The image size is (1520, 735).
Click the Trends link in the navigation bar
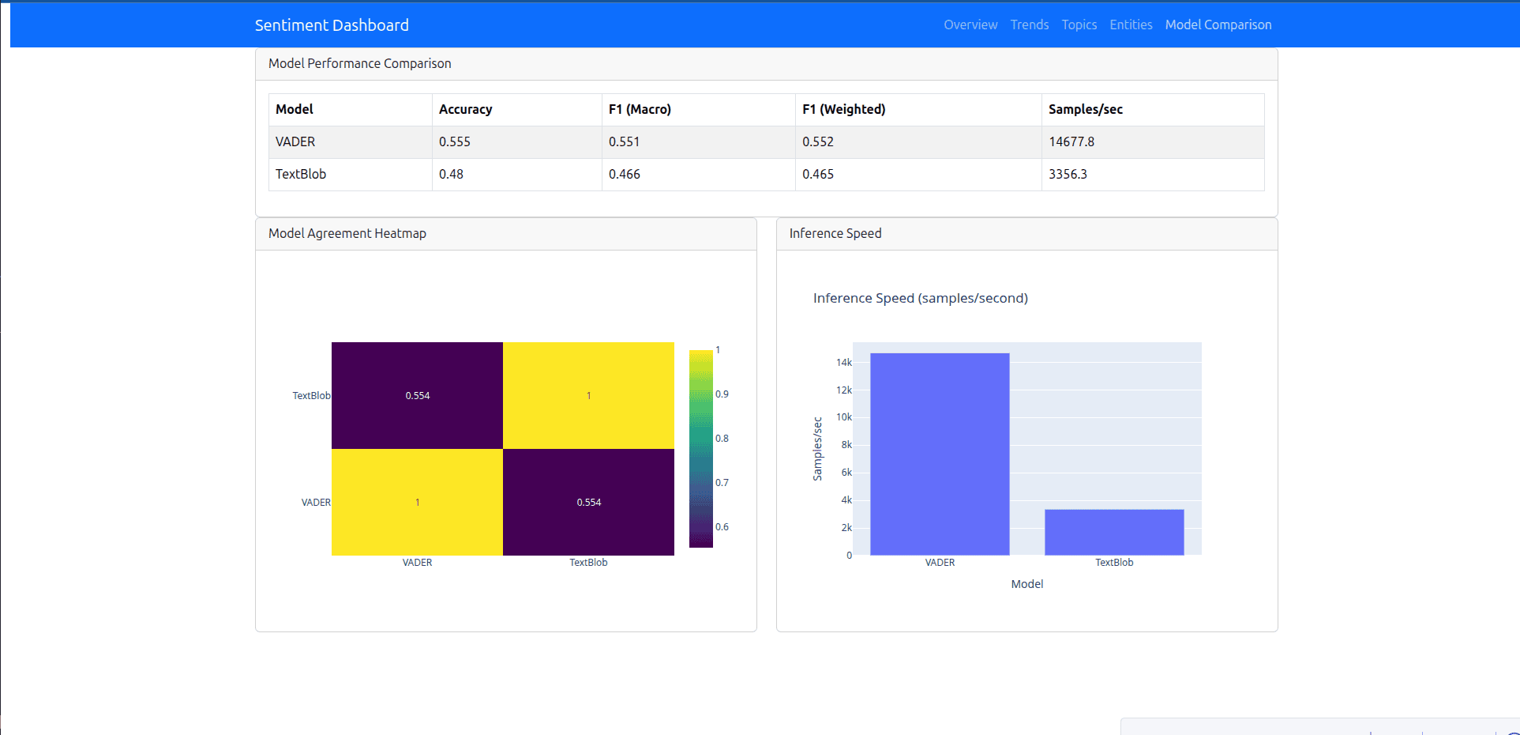(1030, 24)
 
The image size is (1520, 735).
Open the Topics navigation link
(1079, 24)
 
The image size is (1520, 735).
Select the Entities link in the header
(1131, 24)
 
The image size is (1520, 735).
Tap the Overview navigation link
(970, 24)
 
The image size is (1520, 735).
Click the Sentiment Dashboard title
(332, 25)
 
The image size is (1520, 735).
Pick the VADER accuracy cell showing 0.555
(455, 141)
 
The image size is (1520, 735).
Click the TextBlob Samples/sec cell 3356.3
(1068, 174)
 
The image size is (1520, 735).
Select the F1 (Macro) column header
(640, 109)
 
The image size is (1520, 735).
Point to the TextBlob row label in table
(301, 174)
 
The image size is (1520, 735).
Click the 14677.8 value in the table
(1072, 141)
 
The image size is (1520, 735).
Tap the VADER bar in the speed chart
(940, 454)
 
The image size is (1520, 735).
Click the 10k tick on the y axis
(844, 417)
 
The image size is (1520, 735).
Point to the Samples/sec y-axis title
(817, 449)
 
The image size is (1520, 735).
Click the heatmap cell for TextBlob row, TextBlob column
(588, 395)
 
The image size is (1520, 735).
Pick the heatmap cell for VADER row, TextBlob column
(588, 502)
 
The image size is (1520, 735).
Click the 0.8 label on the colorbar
(722, 438)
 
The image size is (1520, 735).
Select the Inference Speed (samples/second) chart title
(921, 298)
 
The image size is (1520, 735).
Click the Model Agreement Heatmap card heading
(347, 233)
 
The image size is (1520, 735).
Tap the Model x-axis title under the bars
(1026, 584)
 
